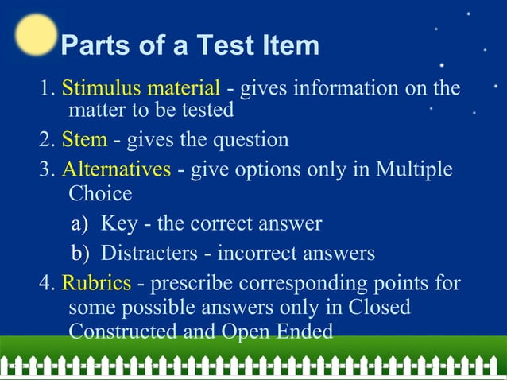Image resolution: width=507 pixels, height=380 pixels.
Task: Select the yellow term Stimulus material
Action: (141, 87)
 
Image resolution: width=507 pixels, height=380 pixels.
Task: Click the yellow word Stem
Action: (84, 140)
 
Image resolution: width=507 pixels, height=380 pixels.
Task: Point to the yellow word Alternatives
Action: (116, 169)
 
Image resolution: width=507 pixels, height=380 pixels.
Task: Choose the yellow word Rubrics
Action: (96, 282)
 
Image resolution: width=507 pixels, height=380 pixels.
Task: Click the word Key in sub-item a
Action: (118, 223)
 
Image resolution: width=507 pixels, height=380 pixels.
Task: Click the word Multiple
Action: (413, 169)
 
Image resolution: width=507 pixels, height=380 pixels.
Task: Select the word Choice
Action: (100, 193)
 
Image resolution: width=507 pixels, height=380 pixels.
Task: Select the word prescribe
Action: (188, 283)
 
